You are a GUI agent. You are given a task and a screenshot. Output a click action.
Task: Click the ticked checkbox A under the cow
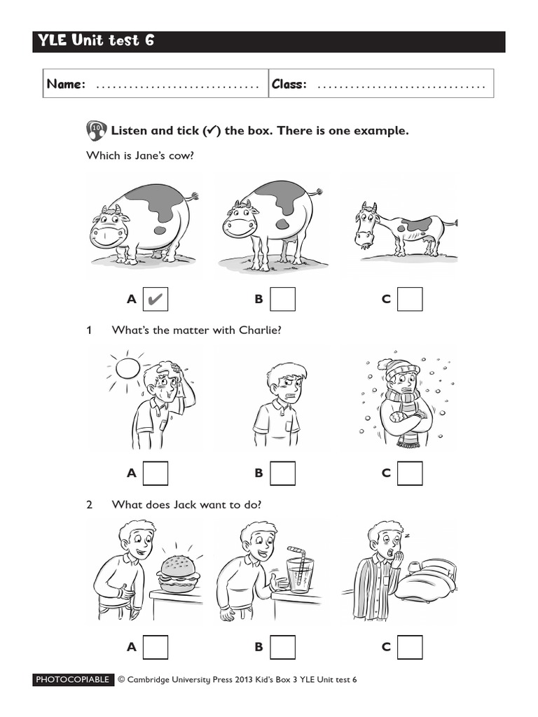pos(156,299)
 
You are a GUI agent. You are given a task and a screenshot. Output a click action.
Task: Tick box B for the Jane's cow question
pos(282,299)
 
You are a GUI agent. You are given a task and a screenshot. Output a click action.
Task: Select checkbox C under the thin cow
pos(410,299)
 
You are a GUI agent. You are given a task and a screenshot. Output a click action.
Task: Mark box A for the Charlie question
pos(156,473)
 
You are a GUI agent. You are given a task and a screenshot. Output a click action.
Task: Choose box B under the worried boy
pos(282,473)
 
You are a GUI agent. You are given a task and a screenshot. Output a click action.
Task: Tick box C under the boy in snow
pos(410,473)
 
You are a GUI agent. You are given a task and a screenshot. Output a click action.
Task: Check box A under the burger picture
pos(156,646)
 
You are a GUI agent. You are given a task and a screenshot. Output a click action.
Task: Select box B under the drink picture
pos(282,646)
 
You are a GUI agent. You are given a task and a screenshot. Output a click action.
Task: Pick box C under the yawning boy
pos(410,646)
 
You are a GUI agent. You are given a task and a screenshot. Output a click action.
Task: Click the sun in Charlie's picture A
pos(127,367)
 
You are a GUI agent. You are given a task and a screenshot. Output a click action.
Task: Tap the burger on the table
pos(178,573)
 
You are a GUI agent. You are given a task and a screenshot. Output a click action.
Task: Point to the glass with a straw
pos(301,576)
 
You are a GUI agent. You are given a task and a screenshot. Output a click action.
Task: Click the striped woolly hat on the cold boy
pos(402,369)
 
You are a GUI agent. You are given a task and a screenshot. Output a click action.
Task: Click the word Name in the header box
pos(66,84)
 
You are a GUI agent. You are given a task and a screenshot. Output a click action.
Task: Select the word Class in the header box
pos(289,84)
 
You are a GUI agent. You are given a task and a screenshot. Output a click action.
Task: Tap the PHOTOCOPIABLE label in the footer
pos(73,680)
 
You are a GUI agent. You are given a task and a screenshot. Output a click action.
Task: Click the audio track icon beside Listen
pos(96,130)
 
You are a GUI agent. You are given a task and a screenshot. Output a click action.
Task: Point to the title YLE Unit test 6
pos(97,41)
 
